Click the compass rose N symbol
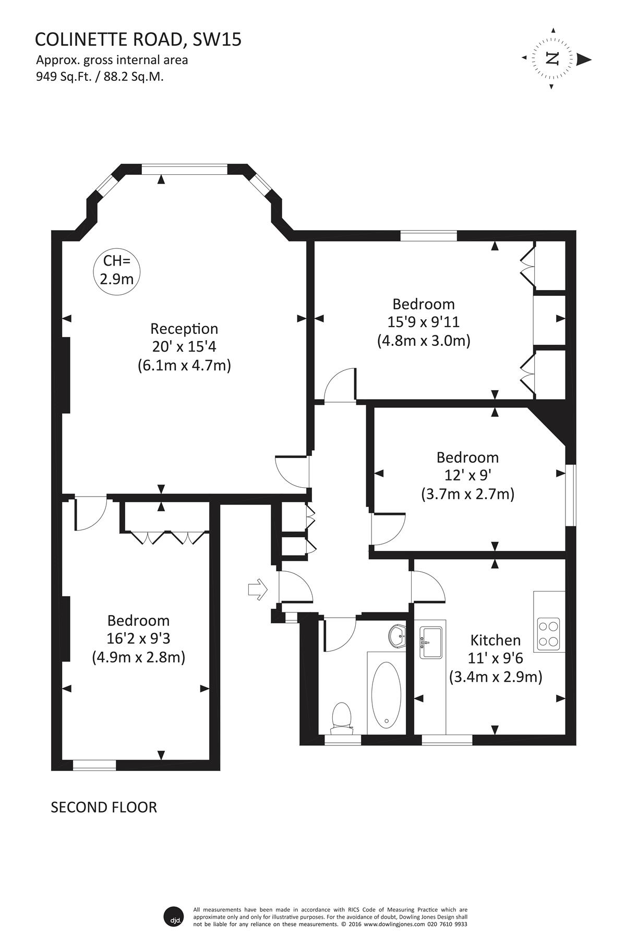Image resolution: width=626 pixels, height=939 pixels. coord(552,58)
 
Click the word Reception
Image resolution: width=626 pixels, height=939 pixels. coord(184,329)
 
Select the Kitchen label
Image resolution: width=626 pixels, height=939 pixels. coord(496,640)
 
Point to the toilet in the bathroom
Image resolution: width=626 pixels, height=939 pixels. coord(342,717)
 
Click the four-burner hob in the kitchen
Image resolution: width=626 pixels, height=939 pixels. coord(548,634)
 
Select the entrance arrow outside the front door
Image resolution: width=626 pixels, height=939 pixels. coord(258,590)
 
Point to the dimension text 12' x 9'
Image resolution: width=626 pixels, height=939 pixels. coord(468,475)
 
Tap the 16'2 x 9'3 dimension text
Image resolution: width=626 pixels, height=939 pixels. coord(139,639)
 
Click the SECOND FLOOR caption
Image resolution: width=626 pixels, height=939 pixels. coord(104,807)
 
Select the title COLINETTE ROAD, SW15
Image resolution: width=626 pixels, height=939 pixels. coord(138,39)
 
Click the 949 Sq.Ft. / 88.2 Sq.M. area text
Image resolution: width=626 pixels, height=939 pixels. coord(100,77)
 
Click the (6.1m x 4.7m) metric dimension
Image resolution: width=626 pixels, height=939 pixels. coord(184,365)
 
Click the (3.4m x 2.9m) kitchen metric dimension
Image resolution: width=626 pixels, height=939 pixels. coord(496,677)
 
